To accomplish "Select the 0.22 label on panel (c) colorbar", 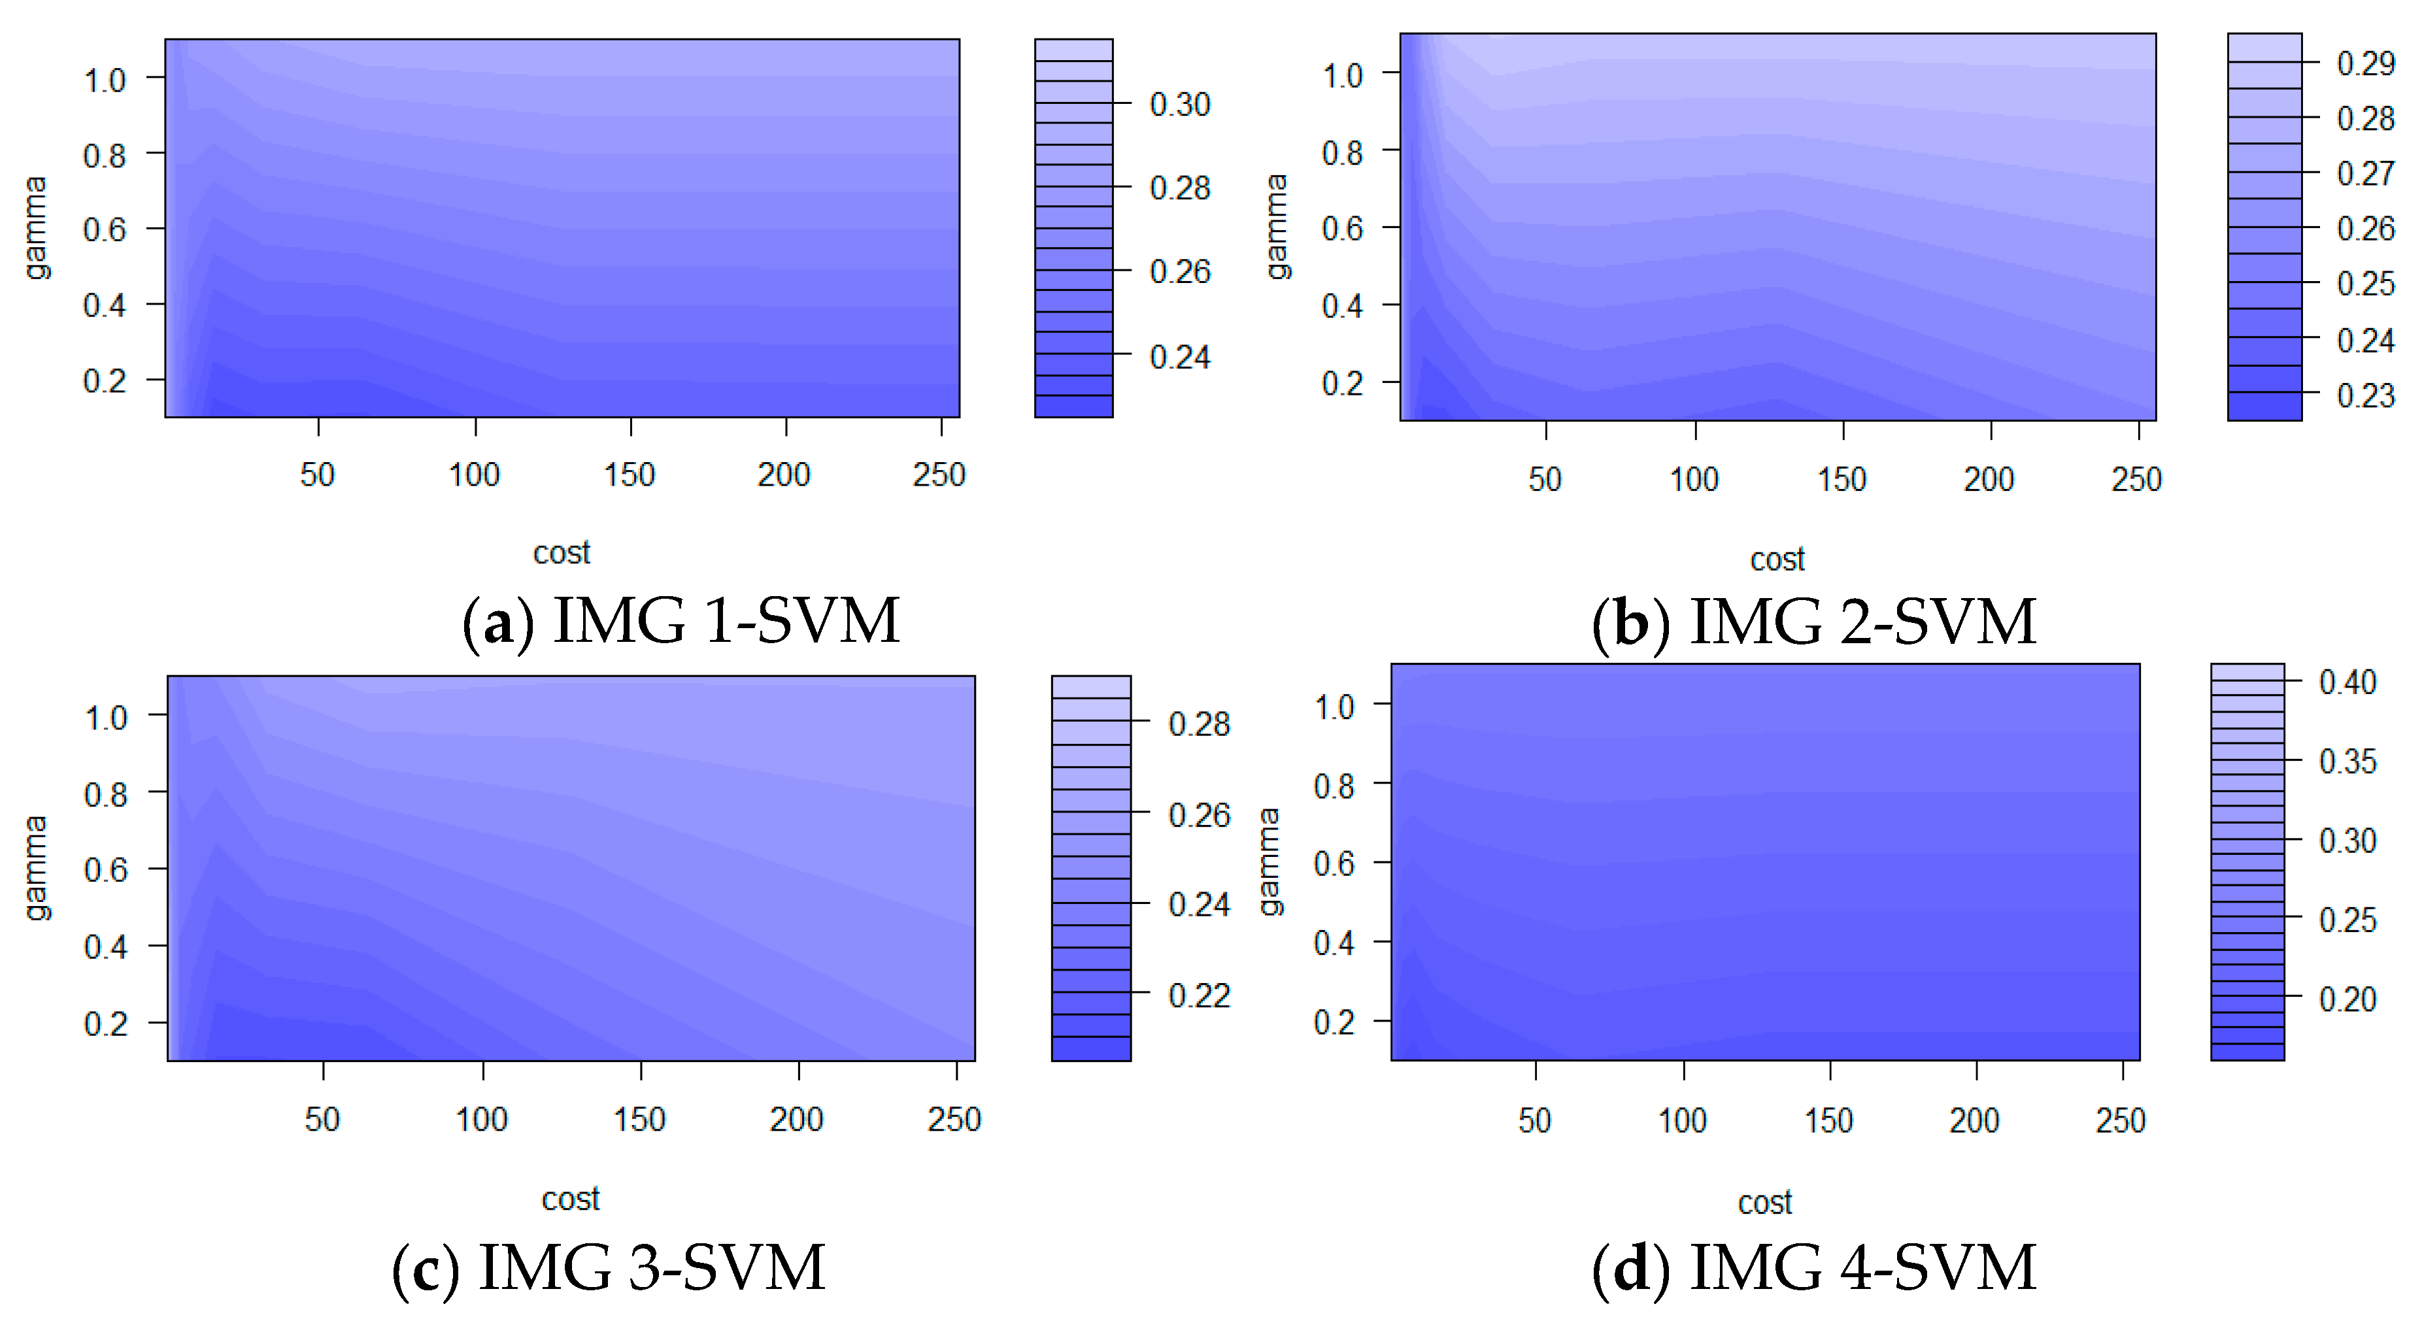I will [1199, 995].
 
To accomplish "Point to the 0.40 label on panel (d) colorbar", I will [2347, 682].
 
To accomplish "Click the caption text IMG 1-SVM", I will [726, 622].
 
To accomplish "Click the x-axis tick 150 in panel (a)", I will [629, 475].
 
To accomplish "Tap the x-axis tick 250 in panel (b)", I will [2136, 480].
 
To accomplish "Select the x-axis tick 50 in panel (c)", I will [322, 1119].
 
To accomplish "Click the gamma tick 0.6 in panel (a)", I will [105, 229].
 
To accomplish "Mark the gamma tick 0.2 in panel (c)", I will [105, 1023].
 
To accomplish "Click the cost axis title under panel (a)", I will [562, 553].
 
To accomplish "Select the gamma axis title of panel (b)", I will [1276, 227].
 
